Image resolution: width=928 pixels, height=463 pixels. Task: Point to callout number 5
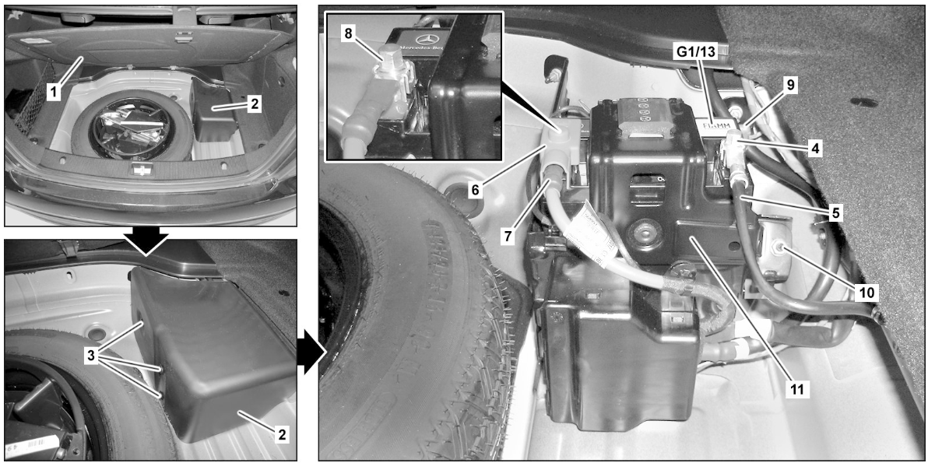(x=833, y=210)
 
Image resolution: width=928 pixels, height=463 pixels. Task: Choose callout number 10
(x=866, y=292)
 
